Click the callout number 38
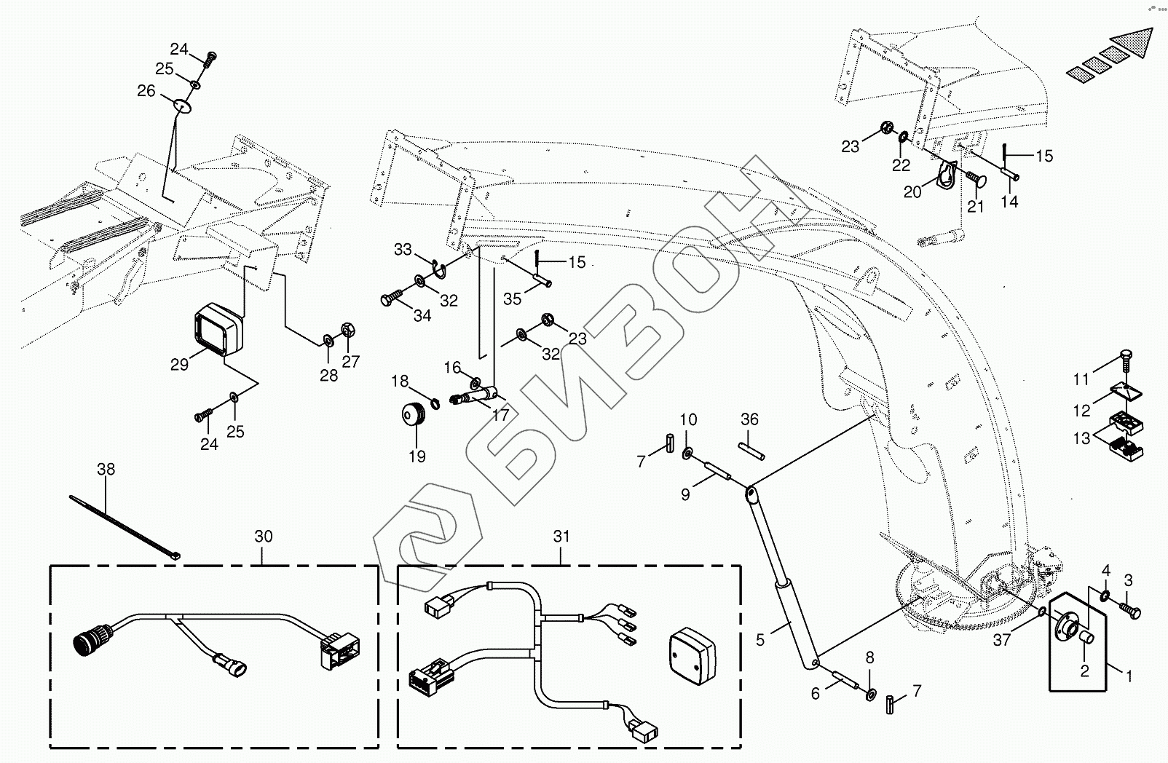pos(106,470)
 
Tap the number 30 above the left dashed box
pos(264,537)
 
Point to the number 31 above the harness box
pos(561,537)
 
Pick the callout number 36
pos(749,419)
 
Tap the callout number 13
pos(1081,438)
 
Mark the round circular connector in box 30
pos(87,641)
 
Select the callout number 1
pos(1128,676)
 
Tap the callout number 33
pos(403,250)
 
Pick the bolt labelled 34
pos(390,299)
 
